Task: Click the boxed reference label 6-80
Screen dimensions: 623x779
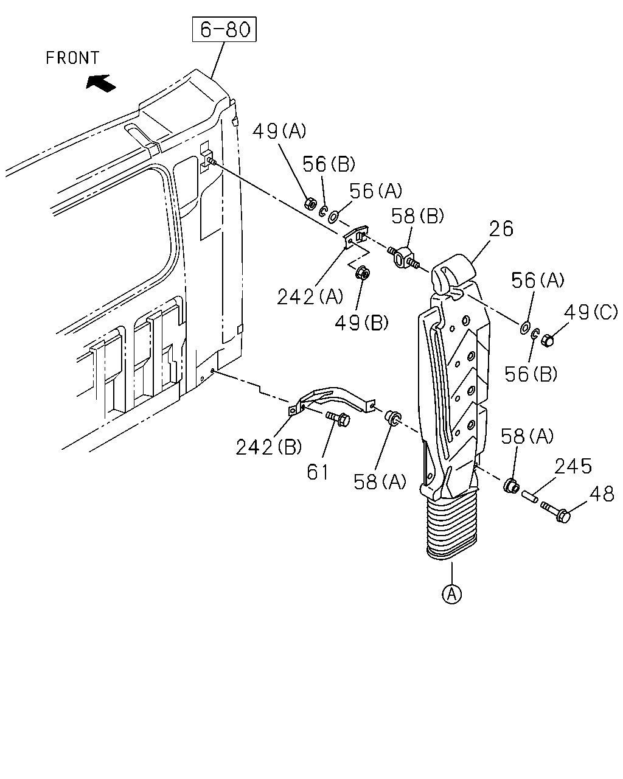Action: coord(224,29)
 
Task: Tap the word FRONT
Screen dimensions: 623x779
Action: coord(72,58)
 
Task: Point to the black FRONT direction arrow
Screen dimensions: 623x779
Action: coord(100,83)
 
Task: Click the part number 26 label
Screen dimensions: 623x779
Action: coord(501,229)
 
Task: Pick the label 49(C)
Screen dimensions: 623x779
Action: coord(591,312)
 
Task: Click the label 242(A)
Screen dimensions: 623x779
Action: coord(310,297)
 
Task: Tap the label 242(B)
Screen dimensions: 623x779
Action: coord(268,447)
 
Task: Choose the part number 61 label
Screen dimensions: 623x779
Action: coord(318,472)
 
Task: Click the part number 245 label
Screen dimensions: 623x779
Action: coord(573,466)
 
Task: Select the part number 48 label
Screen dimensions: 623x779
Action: coord(602,494)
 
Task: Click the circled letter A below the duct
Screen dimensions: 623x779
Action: coord(452,593)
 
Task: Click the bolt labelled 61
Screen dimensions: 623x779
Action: coord(338,419)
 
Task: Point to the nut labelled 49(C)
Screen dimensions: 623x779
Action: coord(548,340)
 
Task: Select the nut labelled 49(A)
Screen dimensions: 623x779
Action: coord(310,203)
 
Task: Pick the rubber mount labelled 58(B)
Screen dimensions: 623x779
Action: coord(403,257)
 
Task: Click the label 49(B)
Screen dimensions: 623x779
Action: coord(361,322)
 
